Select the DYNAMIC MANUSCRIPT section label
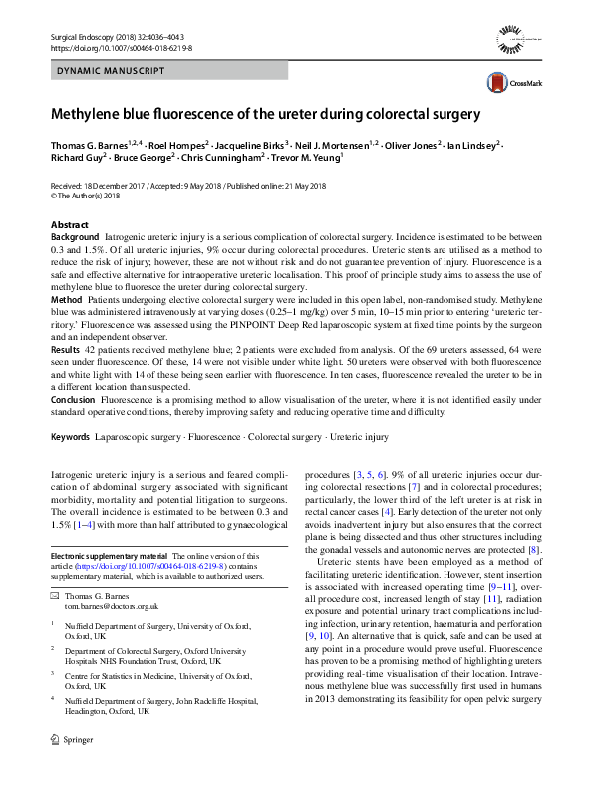(99, 73)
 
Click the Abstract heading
(69, 226)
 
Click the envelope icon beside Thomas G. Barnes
(55, 596)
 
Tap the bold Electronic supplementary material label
(110, 555)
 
